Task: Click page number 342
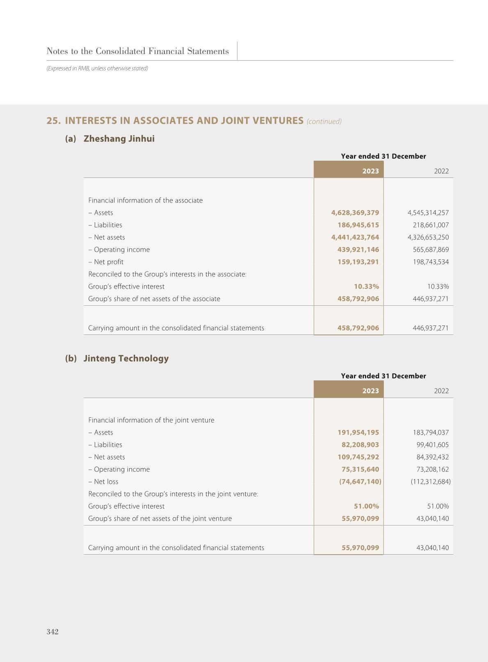click(52, 632)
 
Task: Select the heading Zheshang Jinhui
click(119, 139)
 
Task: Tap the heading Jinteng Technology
click(126, 358)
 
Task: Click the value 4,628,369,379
click(355, 213)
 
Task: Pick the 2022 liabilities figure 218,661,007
click(431, 225)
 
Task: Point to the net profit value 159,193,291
click(358, 262)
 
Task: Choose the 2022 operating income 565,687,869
click(431, 250)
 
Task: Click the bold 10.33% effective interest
click(366, 287)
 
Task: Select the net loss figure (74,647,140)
click(360, 482)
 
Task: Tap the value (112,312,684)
click(430, 482)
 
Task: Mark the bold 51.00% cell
click(366, 506)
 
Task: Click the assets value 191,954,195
click(358, 432)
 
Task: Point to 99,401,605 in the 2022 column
click(432, 445)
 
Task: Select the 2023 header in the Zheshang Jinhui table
click(370, 171)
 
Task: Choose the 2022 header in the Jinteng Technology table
click(441, 391)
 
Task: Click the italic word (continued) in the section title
click(324, 121)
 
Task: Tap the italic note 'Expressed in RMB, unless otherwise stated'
click(97, 68)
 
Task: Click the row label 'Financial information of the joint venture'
click(151, 420)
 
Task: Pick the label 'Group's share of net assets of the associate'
click(154, 299)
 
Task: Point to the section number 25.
click(53, 121)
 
